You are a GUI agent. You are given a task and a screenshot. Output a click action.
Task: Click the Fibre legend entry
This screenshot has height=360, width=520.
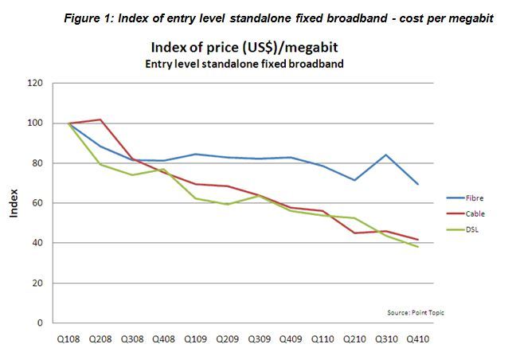(475, 198)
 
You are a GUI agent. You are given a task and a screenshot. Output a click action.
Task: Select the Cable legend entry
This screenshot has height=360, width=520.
(475, 213)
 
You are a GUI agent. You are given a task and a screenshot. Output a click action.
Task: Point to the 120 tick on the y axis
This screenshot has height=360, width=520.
(34, 83)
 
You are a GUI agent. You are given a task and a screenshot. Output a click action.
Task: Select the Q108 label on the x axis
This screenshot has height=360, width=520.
(70, 338)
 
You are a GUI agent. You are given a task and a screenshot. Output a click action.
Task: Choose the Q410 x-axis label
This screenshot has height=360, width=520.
(415, 338)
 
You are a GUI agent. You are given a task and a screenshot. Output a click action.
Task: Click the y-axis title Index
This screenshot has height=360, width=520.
(14, 203)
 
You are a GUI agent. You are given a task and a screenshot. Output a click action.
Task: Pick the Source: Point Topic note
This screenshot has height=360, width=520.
(416, 312)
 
